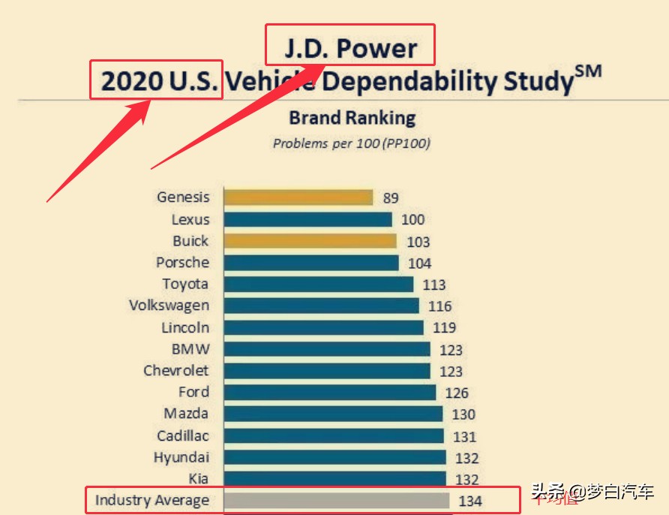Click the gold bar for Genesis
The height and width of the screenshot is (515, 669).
[x=298, y=197]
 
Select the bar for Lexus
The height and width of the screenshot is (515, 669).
[x=307, y=219]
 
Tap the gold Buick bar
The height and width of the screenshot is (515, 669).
[x=310, y=241]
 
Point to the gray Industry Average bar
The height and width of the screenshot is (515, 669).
[x=337, y=500]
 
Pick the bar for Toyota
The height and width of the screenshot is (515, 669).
[x=318, y=284]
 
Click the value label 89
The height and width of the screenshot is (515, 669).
[x=390, y=198]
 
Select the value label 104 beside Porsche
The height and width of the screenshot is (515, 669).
[x=420, y=264]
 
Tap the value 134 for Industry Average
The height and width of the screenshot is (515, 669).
[x=470, y=501]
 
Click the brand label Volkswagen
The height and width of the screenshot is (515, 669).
[x=169, y=306]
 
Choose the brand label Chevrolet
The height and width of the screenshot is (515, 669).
[x=176, y=371]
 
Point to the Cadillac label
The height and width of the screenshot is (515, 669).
[x=183, y=435]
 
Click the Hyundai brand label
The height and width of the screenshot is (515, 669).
[x=181, y=457]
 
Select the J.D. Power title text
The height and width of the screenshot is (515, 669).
[x=350, y=49]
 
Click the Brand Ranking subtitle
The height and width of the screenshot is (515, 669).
[x=352, y=118]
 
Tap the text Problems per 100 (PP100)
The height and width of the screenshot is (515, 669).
[x=351, y=143]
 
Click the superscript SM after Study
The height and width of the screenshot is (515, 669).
[x=589, y=72]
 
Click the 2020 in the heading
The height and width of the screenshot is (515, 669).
[x=131, y=81]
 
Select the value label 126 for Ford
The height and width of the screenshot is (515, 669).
[x=456, y=393]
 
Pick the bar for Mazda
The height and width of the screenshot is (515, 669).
[x=333, y=414]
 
